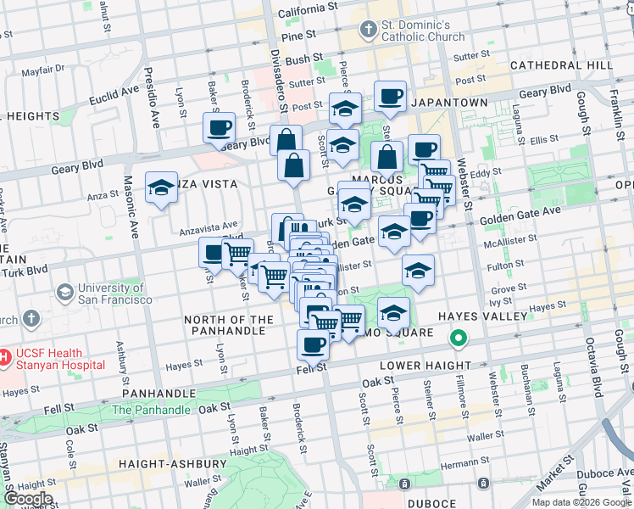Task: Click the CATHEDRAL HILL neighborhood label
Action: click(561, 65)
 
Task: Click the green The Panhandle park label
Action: click(151, 410)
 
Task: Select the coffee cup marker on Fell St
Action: click(313, 344)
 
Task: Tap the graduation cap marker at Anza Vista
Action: click(161, 187)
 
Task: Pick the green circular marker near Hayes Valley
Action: click(459, 340)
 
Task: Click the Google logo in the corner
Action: click(27, 499)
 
